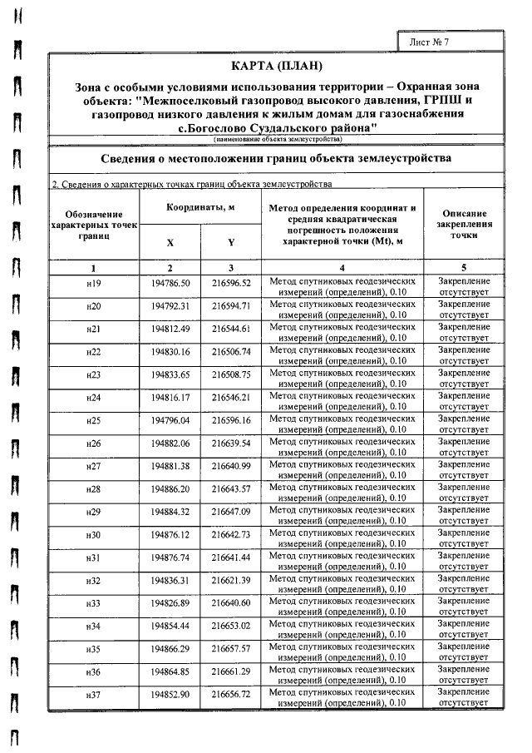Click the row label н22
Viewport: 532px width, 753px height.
click(93, 352)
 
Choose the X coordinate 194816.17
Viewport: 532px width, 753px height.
click(171, 398)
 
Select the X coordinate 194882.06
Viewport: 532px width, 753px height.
click(171, 443)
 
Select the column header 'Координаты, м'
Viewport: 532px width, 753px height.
click(199, 207)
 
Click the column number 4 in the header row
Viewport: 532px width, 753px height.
click(342, 268)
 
